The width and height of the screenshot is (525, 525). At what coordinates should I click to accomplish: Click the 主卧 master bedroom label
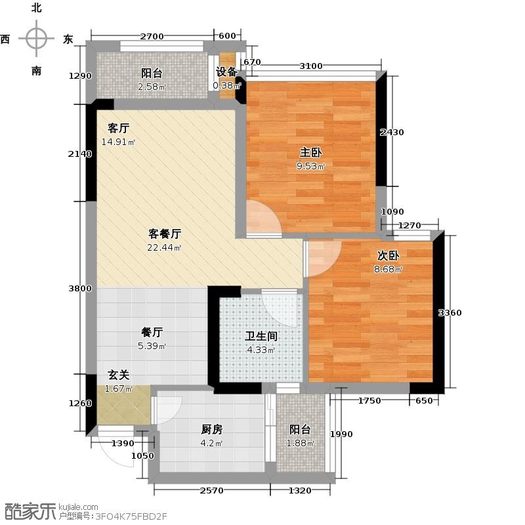310,153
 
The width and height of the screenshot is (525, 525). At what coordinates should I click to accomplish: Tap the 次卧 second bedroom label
388,255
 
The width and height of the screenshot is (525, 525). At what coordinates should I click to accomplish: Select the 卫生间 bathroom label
261,336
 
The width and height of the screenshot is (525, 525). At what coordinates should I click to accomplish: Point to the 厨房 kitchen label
211,429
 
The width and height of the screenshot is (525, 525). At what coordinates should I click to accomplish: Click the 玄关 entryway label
119,375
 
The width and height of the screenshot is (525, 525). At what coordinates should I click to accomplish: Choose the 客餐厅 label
165,234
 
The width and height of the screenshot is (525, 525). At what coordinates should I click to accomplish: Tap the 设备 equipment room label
226,72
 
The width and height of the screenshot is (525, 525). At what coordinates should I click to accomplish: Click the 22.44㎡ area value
164,248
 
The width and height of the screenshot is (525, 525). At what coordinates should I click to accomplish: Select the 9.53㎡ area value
310,166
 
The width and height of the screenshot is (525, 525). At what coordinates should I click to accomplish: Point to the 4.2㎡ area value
211,444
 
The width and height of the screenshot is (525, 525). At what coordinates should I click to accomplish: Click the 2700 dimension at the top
152,36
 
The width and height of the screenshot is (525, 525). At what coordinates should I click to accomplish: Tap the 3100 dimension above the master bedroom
310,66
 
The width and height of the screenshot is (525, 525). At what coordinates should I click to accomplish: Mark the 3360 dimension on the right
450,313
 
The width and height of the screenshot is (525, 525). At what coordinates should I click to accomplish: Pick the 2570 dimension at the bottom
211,490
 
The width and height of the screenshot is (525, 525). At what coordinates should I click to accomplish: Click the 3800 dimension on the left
80,288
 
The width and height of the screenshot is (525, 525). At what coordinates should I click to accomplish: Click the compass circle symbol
37,38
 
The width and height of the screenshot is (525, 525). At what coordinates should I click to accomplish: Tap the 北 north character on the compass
37,8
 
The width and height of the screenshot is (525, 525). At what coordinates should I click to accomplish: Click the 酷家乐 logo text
29,511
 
